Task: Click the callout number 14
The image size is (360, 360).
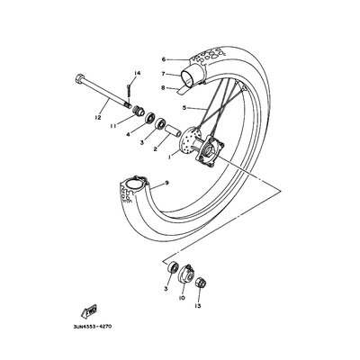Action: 138,74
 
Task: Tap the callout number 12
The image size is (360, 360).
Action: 98,118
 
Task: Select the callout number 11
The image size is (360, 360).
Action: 112,127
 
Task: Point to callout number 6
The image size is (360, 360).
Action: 164,59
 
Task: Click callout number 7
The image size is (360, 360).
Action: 164,74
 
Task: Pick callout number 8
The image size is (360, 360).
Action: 164,88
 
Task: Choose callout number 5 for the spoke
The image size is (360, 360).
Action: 184,107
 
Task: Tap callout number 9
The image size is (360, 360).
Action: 166,183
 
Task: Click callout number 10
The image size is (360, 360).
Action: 182,298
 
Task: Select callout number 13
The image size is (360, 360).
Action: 199,306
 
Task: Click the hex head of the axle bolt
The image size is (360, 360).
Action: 78,79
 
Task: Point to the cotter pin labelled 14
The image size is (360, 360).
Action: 129,89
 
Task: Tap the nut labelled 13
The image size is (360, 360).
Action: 199,283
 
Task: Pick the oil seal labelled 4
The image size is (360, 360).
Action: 150,117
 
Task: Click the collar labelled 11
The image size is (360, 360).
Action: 138,110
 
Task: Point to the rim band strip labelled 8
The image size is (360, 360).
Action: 184,89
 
